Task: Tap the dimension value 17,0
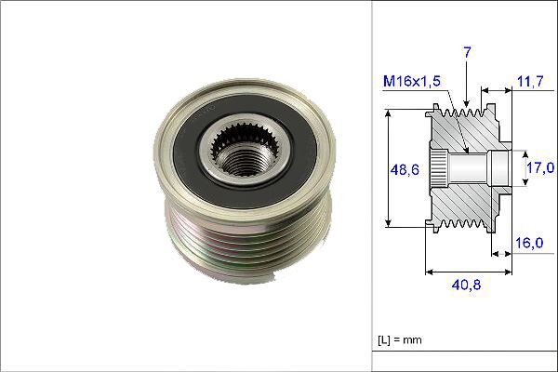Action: click(x=539, y=168)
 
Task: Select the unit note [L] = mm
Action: click(x=400, y=340)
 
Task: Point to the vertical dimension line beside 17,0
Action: click(x=519, y=168)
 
